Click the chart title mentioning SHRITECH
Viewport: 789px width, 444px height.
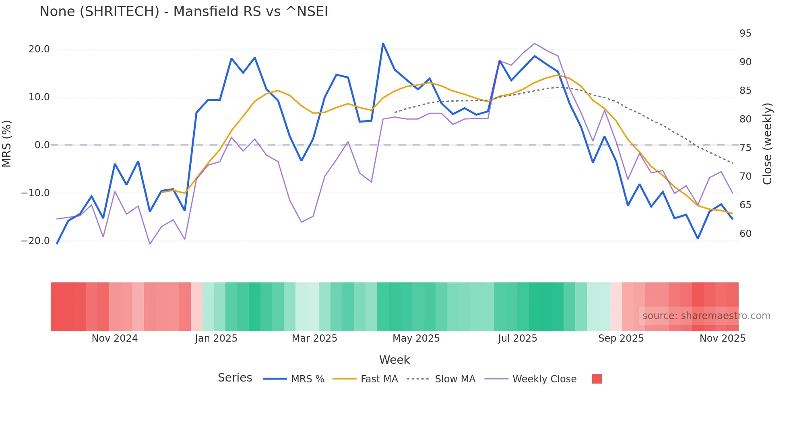[x=184, y=12]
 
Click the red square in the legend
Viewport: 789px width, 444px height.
[x=597, y=379]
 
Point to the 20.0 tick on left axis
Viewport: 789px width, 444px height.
[x=39, y=49]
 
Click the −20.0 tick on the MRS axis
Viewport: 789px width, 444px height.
[x=35, y=241]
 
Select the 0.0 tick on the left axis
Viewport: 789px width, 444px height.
[x=42, y=145]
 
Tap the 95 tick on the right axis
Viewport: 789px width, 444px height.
[x=745, y=33]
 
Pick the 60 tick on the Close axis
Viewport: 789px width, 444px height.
[x=745, y=234]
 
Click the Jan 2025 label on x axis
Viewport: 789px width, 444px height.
[x=216, y=338]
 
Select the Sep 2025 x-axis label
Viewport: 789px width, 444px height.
[x=621, y=338]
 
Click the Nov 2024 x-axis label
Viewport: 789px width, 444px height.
[x=115, y=338]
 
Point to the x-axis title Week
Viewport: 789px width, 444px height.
[x=394, y=360]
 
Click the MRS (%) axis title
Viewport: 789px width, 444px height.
[x=7, y=144]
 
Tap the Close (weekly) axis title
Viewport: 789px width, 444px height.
[x=768, y=144]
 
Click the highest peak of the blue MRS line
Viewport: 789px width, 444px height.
[x=383, y=44]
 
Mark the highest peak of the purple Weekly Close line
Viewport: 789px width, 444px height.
[x=535, y=43]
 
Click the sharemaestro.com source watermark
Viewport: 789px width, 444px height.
[x=706, y=316]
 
